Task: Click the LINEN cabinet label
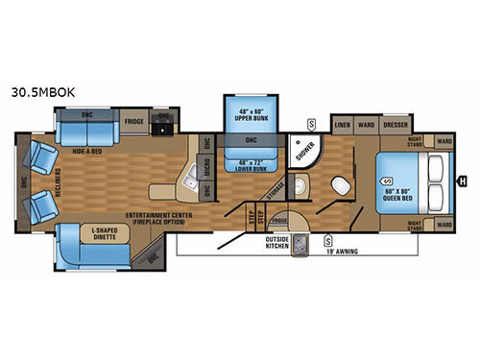point(342,124)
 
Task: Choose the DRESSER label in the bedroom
point(396,124)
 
